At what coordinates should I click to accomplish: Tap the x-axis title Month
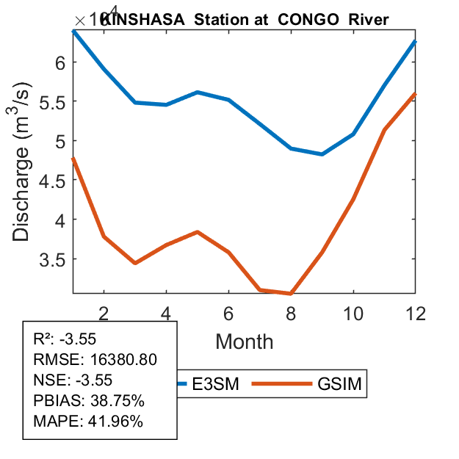click(x=245, y=341)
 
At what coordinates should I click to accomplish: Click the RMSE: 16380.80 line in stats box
click(x=95, y=360)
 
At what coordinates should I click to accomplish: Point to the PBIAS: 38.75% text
click(x=89, y=401)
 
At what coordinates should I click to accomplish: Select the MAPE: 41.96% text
click(x=88, y=422)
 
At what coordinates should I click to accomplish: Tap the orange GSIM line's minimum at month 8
click(x=292, y=294)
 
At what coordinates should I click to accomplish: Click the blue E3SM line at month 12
click(x=416, y=42)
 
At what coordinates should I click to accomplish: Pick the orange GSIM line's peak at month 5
click(x=198, y=232)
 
